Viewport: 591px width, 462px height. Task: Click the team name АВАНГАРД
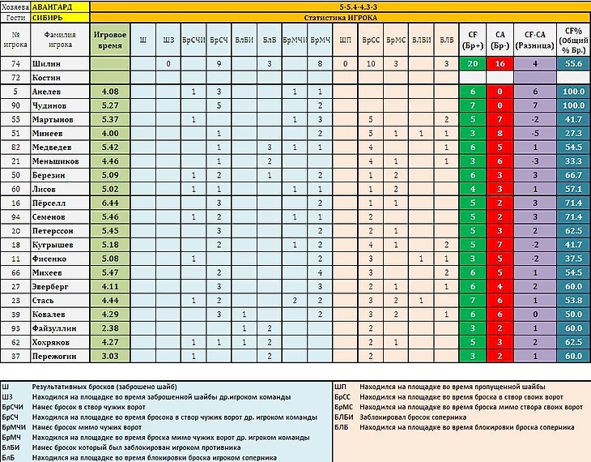coord(53,6)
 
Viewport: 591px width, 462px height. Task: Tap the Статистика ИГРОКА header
coord(340,16)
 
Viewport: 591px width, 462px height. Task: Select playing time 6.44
coord(109,202)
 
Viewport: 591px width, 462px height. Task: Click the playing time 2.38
coord(109,328)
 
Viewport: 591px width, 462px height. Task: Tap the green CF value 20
coord(471,63)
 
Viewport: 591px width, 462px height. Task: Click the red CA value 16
coord(500,63)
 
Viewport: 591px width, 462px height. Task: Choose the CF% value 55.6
coord(573,63)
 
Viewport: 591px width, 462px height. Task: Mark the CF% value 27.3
coord(573,133)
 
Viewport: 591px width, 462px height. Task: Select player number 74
coord(15,63)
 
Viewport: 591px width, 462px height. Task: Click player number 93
coord(15,328)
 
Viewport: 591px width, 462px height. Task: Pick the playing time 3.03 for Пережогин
coord(109,355)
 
